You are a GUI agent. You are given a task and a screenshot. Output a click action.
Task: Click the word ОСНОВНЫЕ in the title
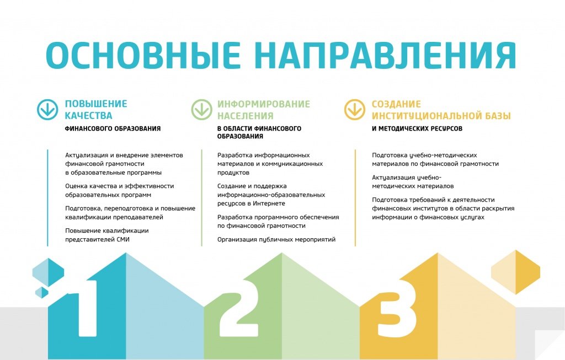point(143,55)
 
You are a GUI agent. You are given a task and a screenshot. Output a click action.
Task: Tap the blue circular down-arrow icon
point(47,110)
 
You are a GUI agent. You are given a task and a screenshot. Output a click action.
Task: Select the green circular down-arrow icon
point(202,110)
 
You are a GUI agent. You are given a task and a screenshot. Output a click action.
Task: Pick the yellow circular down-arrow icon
point(355,110)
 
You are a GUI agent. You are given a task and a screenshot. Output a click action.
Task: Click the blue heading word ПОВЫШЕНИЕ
point(96,104)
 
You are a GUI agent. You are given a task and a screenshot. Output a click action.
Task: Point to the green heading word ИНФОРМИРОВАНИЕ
point(263,104)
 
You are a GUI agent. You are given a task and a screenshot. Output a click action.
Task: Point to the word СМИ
point(123,239)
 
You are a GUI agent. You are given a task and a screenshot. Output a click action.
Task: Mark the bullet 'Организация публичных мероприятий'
point(276,240)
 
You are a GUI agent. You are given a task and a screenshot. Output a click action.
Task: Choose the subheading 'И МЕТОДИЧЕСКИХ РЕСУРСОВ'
point(417,128)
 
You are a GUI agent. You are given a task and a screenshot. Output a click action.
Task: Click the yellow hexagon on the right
point(516,272)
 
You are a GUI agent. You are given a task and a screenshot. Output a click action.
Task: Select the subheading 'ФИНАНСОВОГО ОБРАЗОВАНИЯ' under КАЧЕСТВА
point(113,128)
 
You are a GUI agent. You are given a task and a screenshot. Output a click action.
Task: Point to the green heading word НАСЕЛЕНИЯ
point(246,116)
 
